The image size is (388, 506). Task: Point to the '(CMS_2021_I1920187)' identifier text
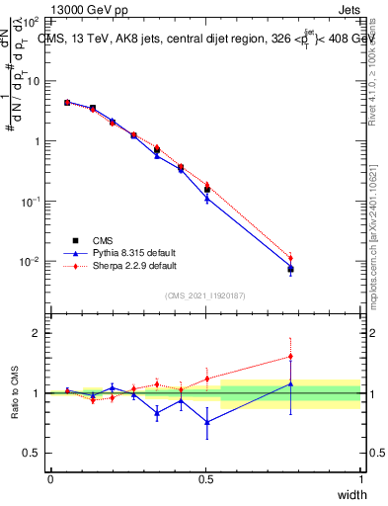(205, 295)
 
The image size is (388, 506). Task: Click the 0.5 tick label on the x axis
(205, 479)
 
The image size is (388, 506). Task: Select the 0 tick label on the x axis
(50, 479)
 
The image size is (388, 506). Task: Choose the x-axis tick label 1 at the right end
(361, 479)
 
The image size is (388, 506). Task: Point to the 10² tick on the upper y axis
(31, 21)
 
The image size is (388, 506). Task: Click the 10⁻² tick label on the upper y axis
(31, 262)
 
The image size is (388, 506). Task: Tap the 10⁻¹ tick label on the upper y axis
(31, 202)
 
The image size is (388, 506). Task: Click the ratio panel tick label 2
(38, 334)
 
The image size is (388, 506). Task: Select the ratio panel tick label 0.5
(34, 454)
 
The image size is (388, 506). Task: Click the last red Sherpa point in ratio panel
(290, 357)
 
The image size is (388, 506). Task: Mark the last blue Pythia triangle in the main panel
(290, 268)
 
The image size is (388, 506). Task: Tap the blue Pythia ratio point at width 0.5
(206, 422)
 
